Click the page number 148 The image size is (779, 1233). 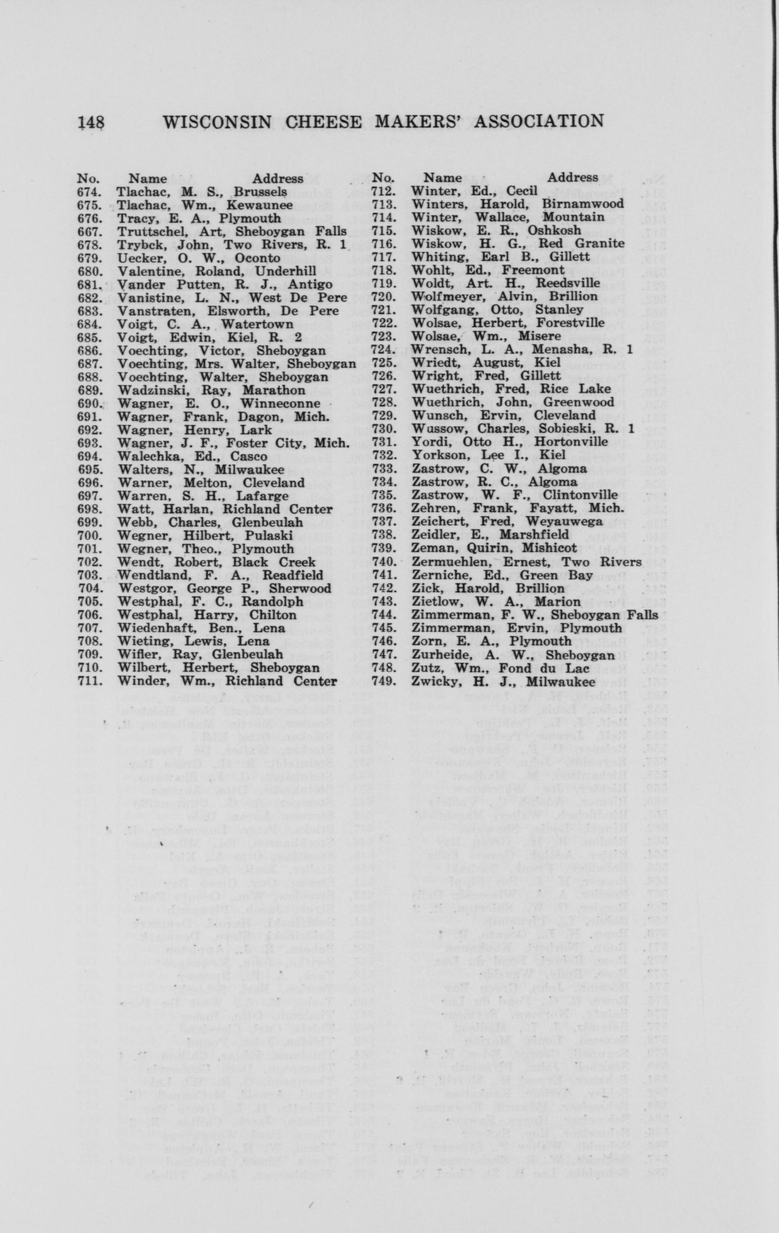(91, 121)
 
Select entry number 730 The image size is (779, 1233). (384, 430)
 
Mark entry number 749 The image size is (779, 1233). (384, 681)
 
